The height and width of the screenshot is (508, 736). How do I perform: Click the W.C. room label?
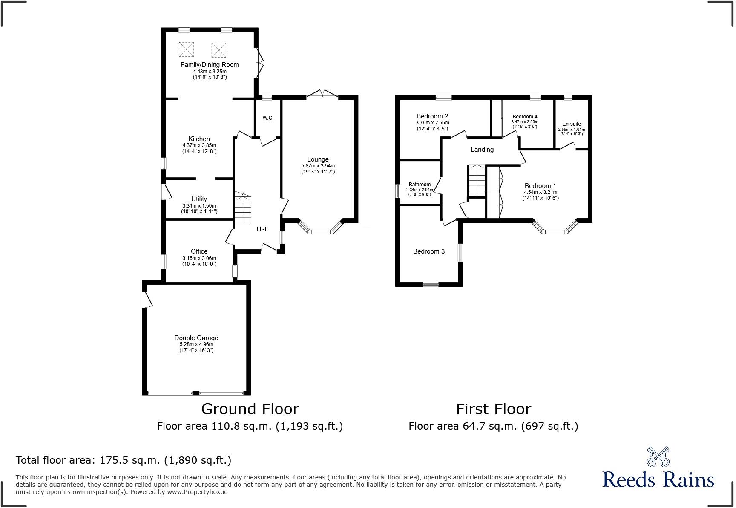coord(268,118)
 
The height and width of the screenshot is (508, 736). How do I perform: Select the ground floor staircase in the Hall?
coord(243,209)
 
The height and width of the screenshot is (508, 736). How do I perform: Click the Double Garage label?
coord(196,338)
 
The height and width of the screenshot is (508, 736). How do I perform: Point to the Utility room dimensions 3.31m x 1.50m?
coord(199,205)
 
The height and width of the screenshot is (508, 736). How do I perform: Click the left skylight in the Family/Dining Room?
coord(186,49)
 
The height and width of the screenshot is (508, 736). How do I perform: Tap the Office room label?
coord(199,251)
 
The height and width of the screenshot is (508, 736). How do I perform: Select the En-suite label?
coord(571,124)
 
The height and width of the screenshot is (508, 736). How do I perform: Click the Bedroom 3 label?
coord(428,251)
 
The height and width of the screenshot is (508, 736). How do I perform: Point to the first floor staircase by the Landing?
coord(477,181)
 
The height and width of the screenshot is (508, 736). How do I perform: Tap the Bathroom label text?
coord(420,185)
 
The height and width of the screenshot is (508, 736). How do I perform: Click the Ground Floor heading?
coord(250,409)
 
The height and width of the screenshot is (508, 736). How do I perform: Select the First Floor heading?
coord(493,409)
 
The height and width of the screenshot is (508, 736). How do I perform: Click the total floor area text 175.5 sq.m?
coord(124,460)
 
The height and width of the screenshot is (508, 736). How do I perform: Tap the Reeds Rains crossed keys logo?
coord(658,457)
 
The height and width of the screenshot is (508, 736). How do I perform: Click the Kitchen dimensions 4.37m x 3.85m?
coord(199,145)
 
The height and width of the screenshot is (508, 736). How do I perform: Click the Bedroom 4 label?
coord(524,117)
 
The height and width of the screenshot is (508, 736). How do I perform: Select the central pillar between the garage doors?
coord(195,393)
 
